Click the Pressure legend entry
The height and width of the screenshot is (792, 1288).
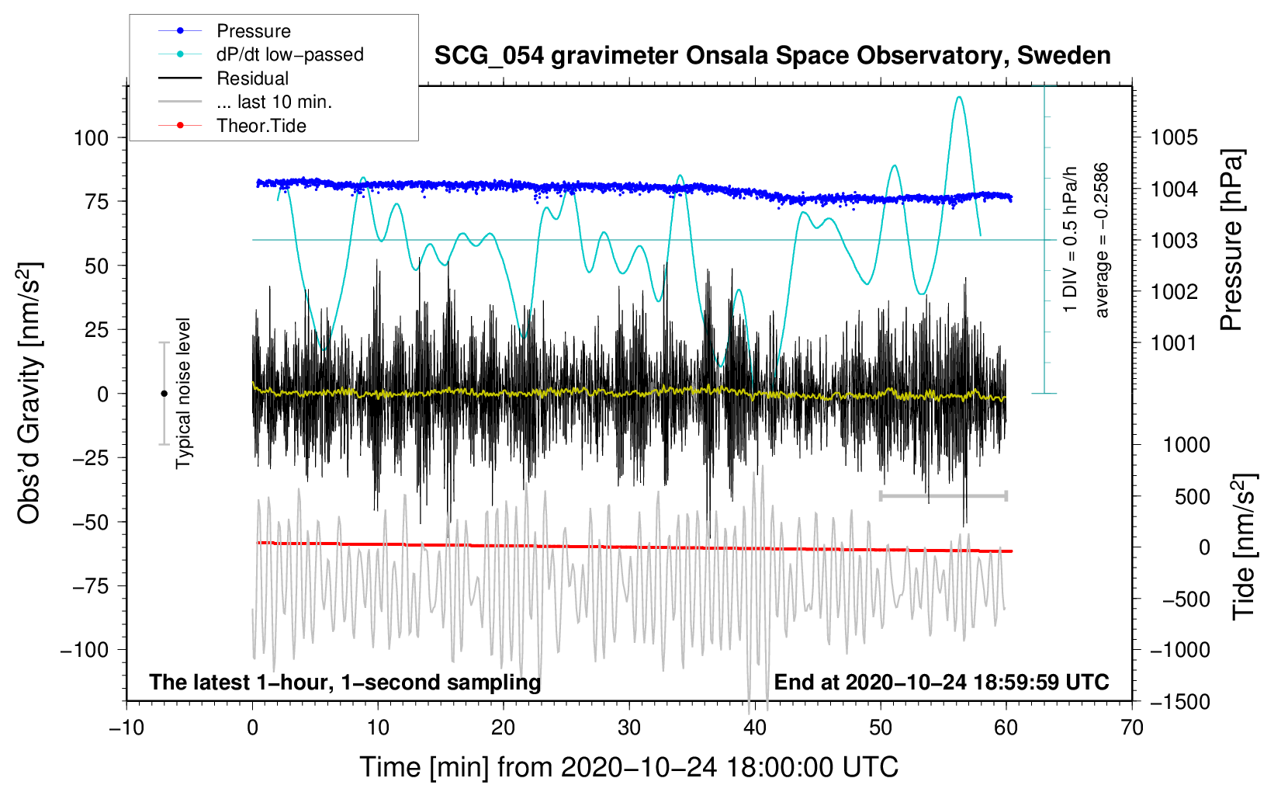(x=225, y=30)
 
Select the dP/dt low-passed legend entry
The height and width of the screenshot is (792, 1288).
(x=261, y=54)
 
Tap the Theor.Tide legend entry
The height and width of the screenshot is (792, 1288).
(x=232, y=126)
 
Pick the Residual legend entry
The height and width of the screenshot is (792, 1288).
(x=223, y=78)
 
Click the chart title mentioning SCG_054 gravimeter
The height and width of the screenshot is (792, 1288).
(x=772, y=56)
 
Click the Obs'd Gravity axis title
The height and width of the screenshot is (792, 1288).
(x=29, y=393)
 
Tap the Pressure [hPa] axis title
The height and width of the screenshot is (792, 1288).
(x=1231, y=240)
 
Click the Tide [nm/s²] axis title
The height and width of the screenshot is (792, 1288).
(x=1245, y=547)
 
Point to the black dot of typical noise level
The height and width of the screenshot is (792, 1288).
(x=164, y=394)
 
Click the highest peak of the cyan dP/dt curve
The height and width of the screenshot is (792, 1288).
(x=958, y=97)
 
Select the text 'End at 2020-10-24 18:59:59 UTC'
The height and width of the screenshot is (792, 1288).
(x=941, y=682)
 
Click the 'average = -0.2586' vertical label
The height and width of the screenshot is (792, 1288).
(x=1100, y=240)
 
